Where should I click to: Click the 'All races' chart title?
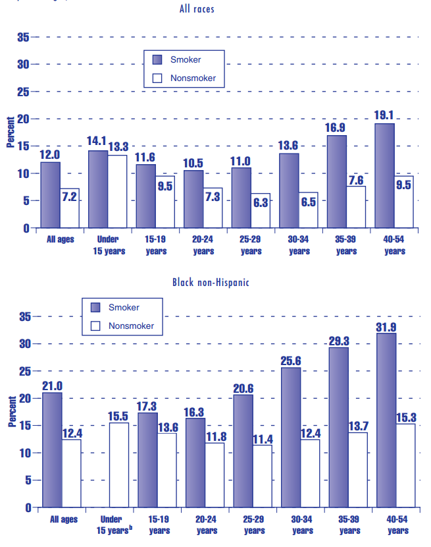[196, 9]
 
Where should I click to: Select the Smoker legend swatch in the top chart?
[157, 59]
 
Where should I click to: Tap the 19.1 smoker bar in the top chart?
[384, 175]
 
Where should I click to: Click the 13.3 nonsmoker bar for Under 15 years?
[117, 191]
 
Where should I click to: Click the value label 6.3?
[260, 202]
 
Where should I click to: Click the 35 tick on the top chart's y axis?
[22, 38]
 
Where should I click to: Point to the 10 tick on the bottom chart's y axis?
[24, 453]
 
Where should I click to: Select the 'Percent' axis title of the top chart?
[11, 132]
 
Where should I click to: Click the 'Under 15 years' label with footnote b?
[114, 525]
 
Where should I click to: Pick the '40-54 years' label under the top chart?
[393, 245]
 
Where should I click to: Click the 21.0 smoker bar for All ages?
[52, 449]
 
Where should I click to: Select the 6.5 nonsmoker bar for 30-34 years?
[308, 210]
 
